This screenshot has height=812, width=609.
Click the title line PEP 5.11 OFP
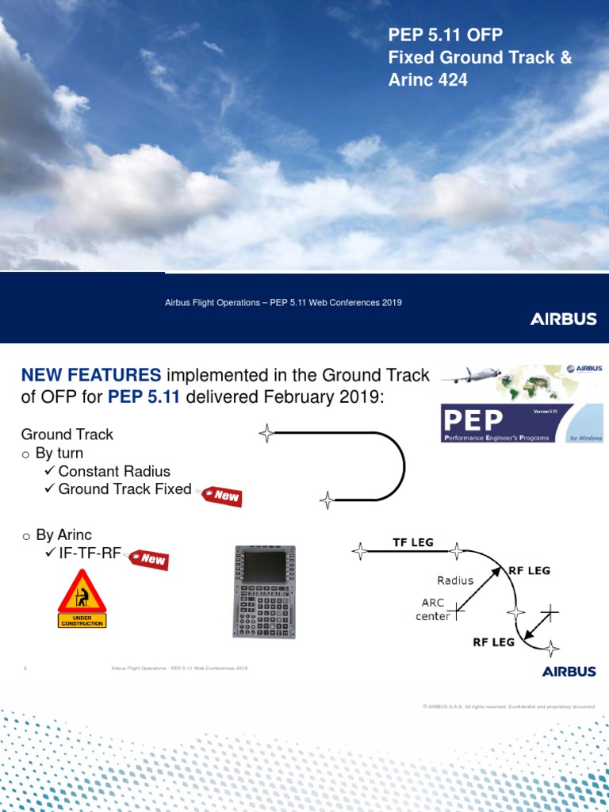pos(445,35)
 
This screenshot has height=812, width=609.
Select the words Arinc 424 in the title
pos(427,79)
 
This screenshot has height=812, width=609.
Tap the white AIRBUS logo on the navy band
pos(563,320)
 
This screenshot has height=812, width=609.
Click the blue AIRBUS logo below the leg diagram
pos(569,671)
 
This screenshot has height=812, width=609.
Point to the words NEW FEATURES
pos(90,375)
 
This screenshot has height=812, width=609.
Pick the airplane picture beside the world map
pos(469,377)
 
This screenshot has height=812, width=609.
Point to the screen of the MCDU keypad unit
pos(265,565)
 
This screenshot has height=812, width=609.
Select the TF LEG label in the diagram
pos(414,542)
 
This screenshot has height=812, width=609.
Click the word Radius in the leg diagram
pos(455,580)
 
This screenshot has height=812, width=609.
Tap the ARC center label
pos(433,609)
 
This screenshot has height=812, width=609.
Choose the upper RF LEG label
pos(528,570)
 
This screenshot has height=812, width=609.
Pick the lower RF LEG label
pos(494,642)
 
